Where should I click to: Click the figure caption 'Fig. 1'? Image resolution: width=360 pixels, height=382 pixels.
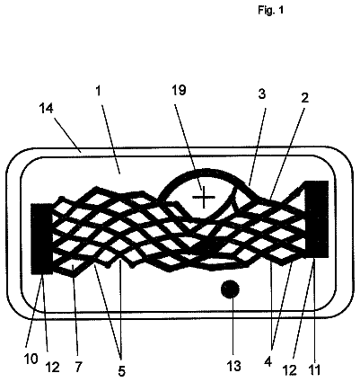pos(270,11)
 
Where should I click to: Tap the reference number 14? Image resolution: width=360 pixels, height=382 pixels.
pos(47,108)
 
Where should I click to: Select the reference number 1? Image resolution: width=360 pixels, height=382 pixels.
pos(98,91)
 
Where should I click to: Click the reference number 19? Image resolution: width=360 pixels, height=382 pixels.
pos(180,90)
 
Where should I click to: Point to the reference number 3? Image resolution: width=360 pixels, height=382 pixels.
pos(262,94)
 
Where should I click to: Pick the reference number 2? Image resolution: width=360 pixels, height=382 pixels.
pos(304,98)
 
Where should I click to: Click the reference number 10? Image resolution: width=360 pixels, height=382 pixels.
pos(31,359)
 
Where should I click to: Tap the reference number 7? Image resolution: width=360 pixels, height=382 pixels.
pos(78,367)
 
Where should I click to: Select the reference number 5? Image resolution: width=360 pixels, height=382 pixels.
pos(121,371)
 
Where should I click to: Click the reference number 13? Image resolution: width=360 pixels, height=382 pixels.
pos(233,366)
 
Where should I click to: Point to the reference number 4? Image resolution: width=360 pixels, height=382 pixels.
pos(268,362)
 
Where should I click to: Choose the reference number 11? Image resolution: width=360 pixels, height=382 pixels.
pos(313,369)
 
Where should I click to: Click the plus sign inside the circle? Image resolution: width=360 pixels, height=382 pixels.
pos(204,197)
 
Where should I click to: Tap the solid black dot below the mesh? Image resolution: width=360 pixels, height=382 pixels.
pos(230,289)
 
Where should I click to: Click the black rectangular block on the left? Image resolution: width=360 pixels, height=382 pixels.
pos(42,238)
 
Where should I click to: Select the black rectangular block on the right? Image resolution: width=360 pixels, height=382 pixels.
pos(317,218)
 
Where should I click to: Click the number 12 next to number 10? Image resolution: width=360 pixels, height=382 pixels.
pos(52,368)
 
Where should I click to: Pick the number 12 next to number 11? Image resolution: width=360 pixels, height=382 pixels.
pos(290,370)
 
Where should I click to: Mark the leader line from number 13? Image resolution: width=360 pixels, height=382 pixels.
pos(232,328)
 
